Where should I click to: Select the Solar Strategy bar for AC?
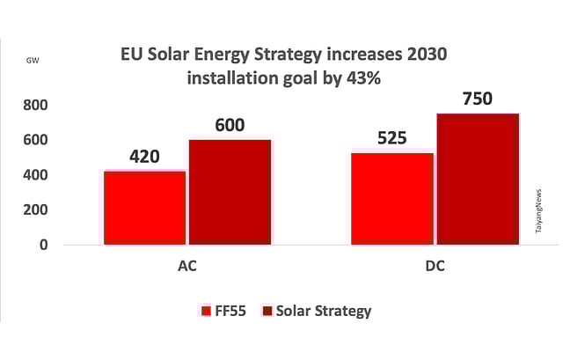point(229,192)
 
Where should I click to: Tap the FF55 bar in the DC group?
point(391,199)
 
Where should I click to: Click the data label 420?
point(144,158)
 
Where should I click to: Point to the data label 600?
point(229,125)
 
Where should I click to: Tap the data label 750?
point(478,99)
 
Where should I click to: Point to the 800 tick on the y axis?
point(36,105)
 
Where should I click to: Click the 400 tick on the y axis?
point(36,175)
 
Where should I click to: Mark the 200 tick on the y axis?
point(36,209)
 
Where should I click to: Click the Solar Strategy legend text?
point(324,311)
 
